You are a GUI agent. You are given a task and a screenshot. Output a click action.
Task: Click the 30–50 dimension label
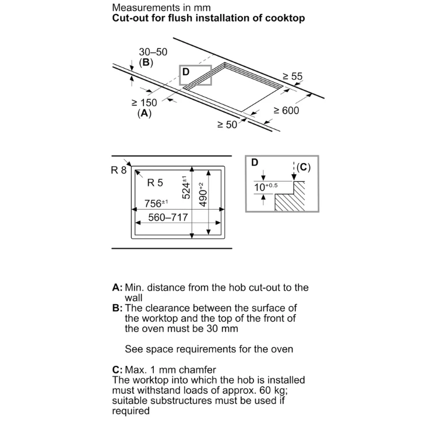pos(153,52)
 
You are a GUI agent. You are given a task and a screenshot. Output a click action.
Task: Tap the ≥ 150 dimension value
pos(145,103)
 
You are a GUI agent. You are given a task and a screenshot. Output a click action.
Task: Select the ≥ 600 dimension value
pos(286,111)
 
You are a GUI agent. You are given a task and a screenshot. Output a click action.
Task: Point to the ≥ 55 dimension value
pos(292,76)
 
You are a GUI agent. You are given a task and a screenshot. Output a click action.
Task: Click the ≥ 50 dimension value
pos(227,125)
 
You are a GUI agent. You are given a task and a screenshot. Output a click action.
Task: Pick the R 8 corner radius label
pos(118,170)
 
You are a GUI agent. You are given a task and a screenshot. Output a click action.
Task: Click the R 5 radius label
pos(155,183)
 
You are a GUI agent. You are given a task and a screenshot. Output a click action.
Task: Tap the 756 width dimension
pos(156,203)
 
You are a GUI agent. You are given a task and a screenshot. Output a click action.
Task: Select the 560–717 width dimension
pos(168,217)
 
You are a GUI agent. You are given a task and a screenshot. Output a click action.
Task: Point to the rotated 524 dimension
pos(186,188)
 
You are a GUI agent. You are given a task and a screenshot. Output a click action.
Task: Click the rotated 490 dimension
pos(203,195)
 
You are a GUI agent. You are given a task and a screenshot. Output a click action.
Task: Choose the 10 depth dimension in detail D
pos(266,186)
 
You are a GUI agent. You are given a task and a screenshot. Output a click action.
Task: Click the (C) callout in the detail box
pos(303,167)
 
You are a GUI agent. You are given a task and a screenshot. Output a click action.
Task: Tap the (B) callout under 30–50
pos(146,62)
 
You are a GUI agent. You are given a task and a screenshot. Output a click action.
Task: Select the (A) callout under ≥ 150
pos(145,113)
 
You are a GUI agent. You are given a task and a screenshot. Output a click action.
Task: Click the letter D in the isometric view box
pos(186,72)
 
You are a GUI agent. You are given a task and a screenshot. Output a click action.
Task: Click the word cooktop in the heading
pos(285,19)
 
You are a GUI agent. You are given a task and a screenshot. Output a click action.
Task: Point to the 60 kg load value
pos(273,390)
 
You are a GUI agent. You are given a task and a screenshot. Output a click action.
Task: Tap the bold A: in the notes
pos(117,288)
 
